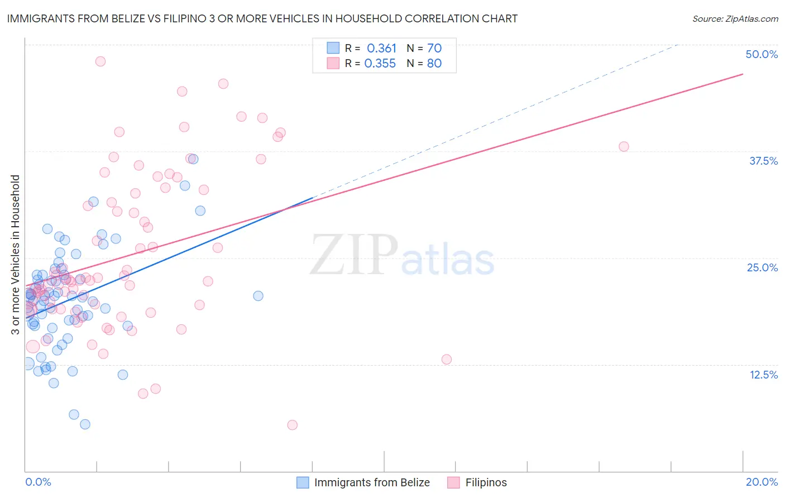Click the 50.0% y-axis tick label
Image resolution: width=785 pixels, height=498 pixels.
(762, 54)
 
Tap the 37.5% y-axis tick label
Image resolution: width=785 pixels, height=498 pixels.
(763, 161)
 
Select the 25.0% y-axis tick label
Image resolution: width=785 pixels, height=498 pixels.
(762, 267)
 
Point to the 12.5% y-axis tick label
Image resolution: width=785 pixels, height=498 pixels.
(763, 375)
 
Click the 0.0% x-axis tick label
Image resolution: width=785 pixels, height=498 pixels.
(38, 482)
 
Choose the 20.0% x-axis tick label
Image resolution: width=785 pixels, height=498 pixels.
(762, 482)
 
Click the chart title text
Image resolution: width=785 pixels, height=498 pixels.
(262, 18)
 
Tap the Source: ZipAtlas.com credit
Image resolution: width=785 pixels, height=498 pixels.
(735, 18)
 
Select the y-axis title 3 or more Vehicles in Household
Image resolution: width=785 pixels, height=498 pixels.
(16, 255)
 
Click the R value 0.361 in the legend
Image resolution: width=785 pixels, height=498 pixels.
(381, 49)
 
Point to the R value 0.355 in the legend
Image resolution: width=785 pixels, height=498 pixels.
(380, 64)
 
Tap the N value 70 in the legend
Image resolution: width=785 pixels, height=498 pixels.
(434, 49)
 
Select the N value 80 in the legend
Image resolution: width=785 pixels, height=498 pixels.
(434, 64)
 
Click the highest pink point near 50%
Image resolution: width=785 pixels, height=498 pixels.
(100, 61)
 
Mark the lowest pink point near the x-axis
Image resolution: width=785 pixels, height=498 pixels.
(292, 425)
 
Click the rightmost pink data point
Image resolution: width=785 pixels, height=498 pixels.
(624, 147)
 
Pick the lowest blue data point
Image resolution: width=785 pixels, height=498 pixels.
(85, 424)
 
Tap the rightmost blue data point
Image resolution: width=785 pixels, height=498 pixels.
(258, 296)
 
